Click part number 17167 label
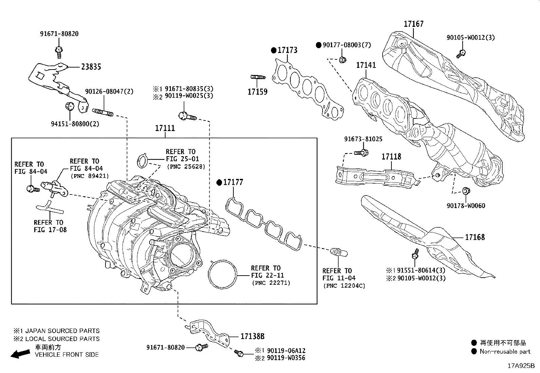point(413,24)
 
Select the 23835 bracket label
point(91,67)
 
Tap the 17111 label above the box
point(165,128)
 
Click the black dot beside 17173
point(274,50)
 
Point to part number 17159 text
point(257,92)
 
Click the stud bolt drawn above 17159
point(257,77)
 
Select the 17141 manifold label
point(366,65)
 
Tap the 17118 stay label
point(391,156)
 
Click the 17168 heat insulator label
point(475,237)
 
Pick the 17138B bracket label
point(252,336)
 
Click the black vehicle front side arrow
point(20,354)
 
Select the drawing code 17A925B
point(521,366)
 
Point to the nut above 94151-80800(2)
point(70,106)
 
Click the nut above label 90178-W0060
point(466,191)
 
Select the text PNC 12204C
point(344,286)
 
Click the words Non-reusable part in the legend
point(505,352)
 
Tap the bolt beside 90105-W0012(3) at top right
point(461,53)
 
